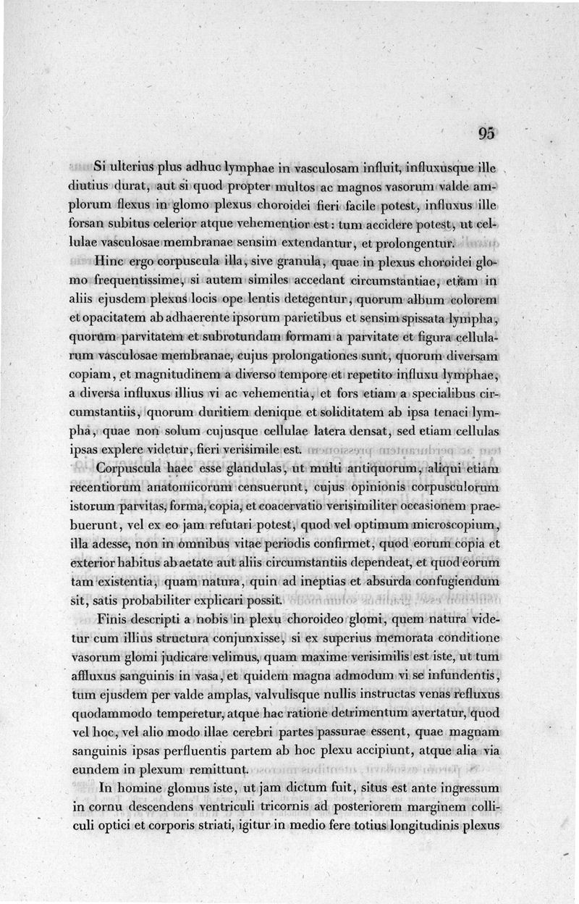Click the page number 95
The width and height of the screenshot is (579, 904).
coord(486,133)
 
